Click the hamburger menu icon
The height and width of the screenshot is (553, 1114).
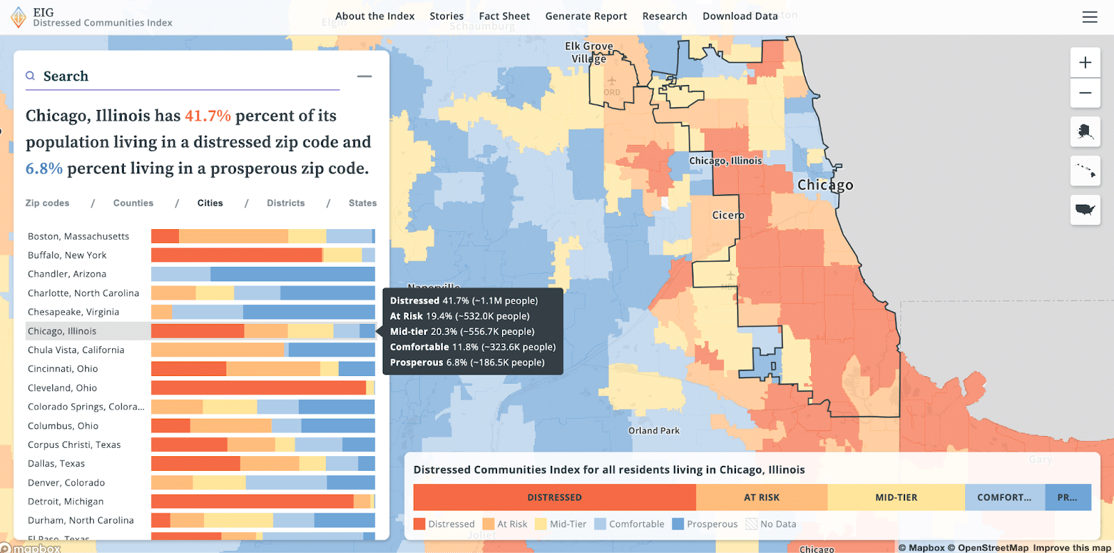point(1090,17)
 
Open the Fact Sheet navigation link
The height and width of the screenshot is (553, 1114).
point(504,16)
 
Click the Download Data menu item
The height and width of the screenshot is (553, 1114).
point(739,16)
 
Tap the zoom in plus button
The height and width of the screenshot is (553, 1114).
point(1085,63)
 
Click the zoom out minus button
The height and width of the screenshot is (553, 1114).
point(1085,93)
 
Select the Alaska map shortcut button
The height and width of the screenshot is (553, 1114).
point(1085,132)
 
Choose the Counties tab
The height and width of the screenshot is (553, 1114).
point(133,203)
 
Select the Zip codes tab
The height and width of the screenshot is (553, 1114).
point(47,203)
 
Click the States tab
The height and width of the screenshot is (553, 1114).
point(362,203)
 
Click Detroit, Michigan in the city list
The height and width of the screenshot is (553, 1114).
point(65,501)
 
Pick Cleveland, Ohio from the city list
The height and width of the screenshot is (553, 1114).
point(62,388)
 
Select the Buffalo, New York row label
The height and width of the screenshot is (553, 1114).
point(67,256)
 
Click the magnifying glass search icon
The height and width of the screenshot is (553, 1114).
point(31,76)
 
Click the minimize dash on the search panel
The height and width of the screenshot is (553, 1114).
point(364,77)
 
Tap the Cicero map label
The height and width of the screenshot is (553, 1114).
point(728,215)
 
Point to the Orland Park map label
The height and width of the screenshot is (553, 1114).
point(654,430)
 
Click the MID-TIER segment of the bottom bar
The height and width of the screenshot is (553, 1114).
point(895,497)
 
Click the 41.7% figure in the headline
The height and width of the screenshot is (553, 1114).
point(207,116)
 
